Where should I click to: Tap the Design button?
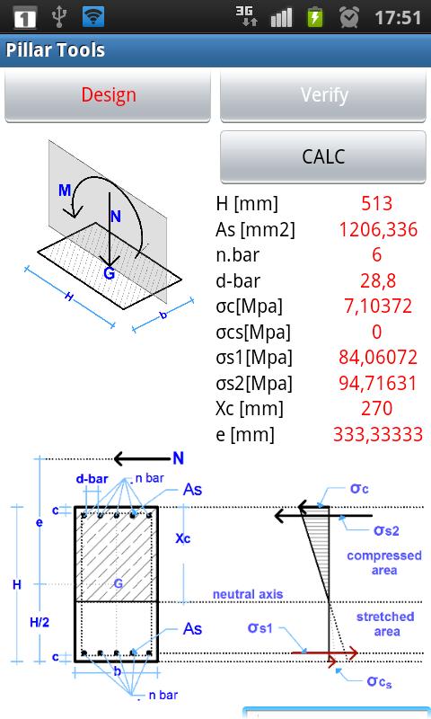[108, 96]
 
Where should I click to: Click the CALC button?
[323, 156]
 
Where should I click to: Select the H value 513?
[376, 204]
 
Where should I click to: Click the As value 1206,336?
[378, 229]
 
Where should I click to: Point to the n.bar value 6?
[376, 254]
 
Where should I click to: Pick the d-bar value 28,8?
[378, 280]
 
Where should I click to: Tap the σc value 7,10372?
[378, 306]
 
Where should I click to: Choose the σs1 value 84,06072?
[378, 357]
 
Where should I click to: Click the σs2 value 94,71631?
[378, 383]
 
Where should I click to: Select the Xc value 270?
[376, 408]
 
